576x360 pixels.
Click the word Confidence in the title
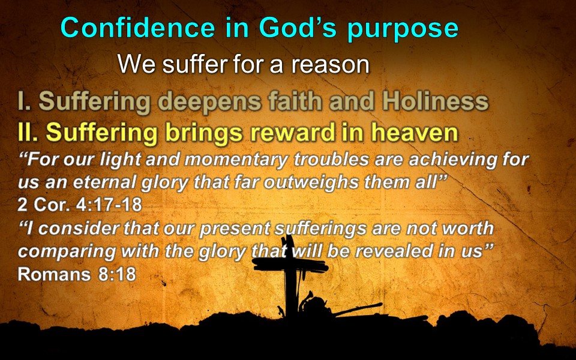(138, 28)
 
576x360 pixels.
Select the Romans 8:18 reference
(77, 274)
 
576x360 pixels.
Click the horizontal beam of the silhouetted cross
(290, 265)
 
